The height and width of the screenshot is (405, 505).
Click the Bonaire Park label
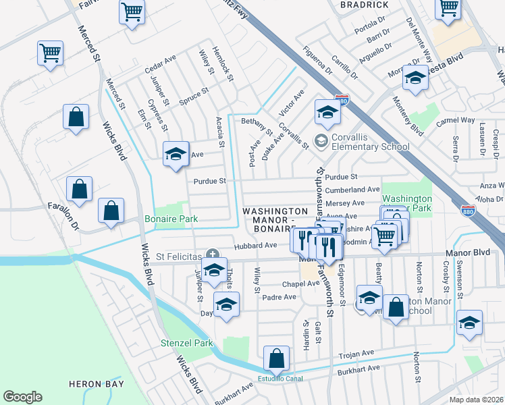click(171, 219)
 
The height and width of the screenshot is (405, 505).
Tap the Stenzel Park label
click(186, 343)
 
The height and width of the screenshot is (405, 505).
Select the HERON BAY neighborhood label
click(97, 384)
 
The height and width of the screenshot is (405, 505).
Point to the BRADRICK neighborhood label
click(364, 5)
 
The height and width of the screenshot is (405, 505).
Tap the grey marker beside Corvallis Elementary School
click(321, 140)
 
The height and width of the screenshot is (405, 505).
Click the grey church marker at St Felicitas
click(213, 254)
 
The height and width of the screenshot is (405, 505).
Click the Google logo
click(22, 397)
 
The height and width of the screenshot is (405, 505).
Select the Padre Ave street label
click(280, 297)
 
